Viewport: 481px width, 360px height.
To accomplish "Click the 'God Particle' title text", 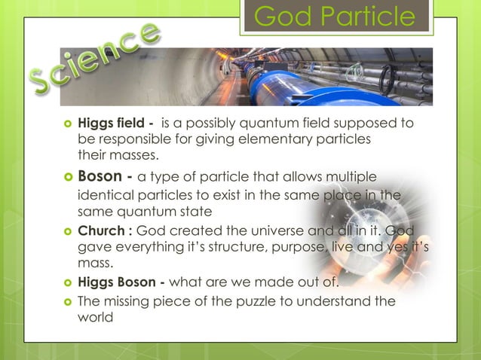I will (334, 17).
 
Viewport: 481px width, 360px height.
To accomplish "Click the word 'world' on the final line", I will (95, 317).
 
